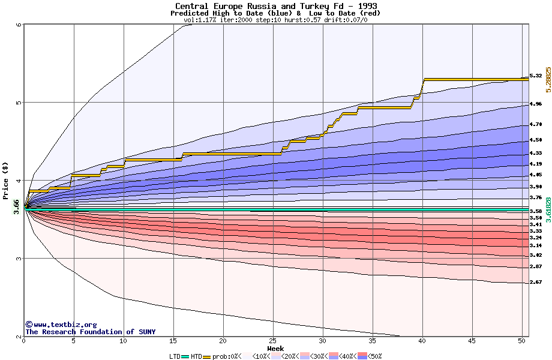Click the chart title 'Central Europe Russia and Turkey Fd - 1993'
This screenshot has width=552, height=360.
[275, 6]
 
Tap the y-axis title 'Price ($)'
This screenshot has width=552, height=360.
[6, 181]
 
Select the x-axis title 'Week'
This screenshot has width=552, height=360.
[275, 348]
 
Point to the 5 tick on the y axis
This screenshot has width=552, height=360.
[19, 103]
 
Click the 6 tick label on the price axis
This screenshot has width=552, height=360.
[19, 25]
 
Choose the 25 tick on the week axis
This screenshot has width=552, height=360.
[273, 341]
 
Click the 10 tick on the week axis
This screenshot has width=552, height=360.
[124, 341]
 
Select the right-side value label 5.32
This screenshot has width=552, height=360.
[536, 76]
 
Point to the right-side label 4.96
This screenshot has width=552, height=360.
[536, 104]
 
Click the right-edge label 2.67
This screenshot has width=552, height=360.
[536, 282]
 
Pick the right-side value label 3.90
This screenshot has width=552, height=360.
[536, 187]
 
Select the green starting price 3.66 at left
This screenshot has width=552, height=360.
[17, 205]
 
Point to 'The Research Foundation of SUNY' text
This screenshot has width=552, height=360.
[90, 332]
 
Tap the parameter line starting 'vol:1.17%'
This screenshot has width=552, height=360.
[275, 20]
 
